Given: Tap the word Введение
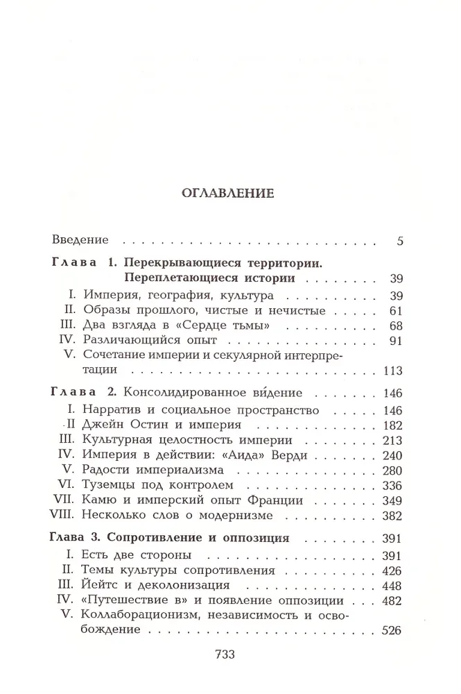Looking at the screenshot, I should tap(80, 241).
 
